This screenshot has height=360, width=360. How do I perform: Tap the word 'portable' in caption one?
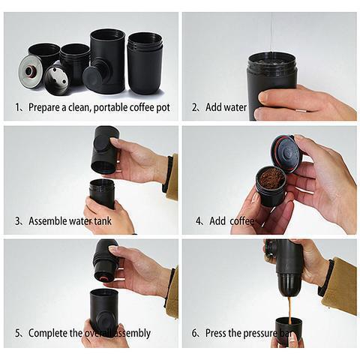(97, 108)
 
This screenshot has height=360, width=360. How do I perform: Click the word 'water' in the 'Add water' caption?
(235, 108)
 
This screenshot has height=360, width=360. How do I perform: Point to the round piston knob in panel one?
(93, 76)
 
